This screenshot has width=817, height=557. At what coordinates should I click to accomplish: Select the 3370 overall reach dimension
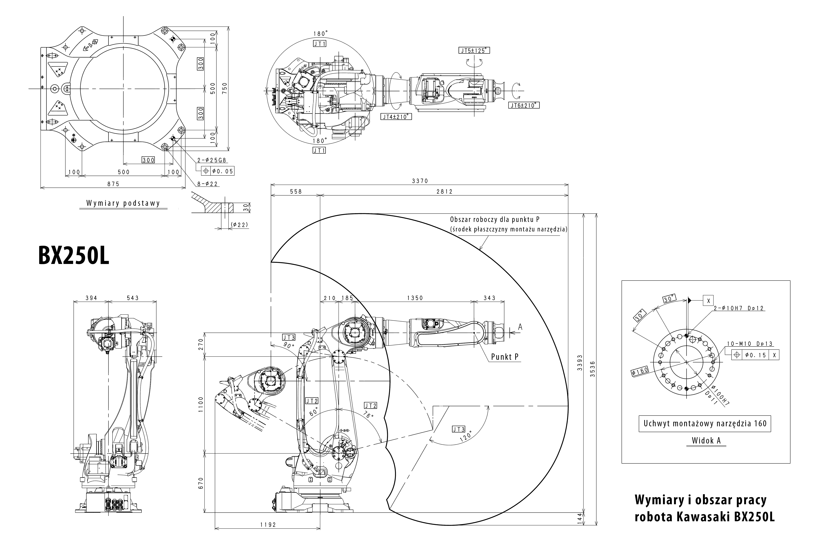[x=420, y=181]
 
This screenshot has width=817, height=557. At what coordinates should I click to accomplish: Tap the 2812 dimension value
[x=444, y=191]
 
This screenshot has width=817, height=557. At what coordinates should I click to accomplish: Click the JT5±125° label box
[x=474, y=51]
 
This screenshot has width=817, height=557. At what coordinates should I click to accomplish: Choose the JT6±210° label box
[x=523, y=105]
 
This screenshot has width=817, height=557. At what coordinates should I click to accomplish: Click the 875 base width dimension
[x=113, y=184]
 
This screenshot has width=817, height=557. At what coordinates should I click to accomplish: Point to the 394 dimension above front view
[x=91, y=298]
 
